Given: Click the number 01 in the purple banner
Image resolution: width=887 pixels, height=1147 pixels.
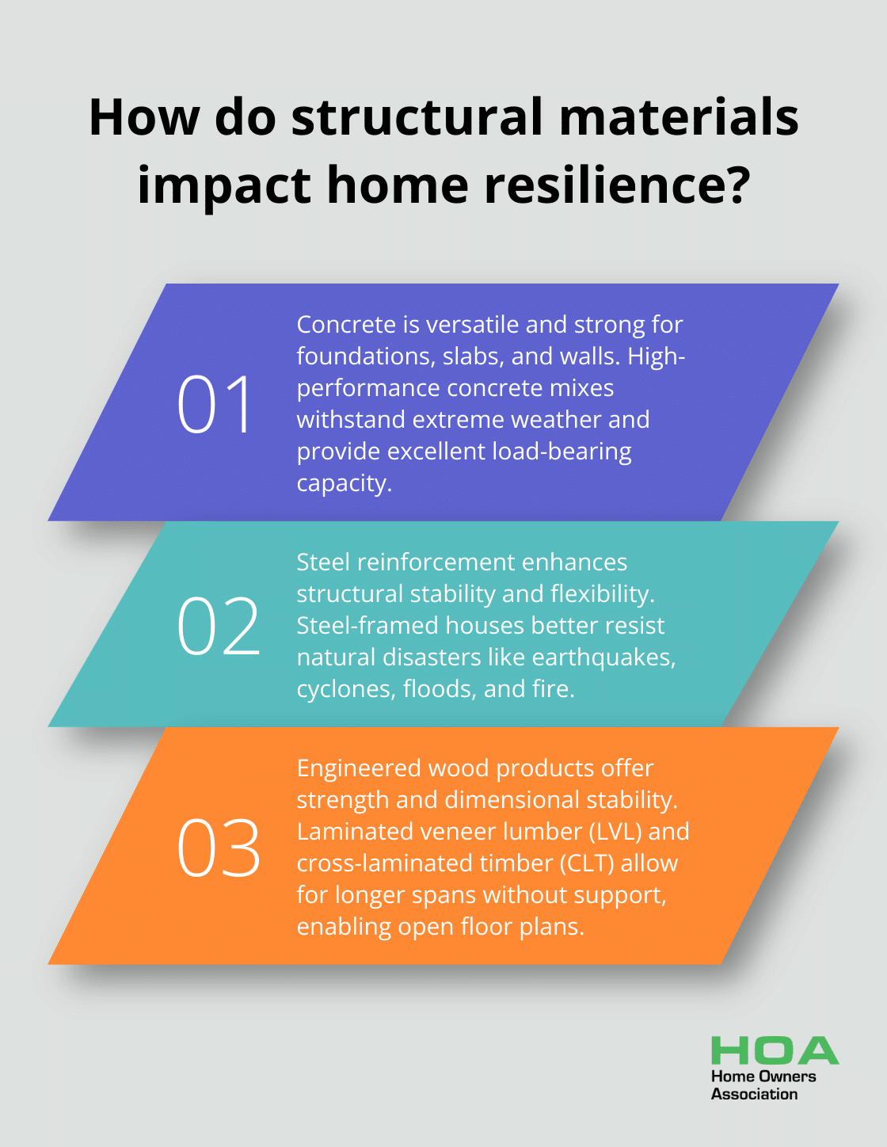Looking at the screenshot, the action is pos(214,404).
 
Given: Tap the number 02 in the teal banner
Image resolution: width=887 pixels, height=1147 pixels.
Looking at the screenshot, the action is pos(219,626).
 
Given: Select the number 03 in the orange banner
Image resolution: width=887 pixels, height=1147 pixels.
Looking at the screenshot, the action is pos(219,848).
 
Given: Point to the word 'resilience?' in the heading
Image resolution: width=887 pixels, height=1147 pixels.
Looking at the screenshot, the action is pos(617,185).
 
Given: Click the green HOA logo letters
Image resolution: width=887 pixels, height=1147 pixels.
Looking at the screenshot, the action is pos(775,1050).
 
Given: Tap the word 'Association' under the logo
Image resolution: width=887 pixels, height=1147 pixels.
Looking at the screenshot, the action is pos(754,1094).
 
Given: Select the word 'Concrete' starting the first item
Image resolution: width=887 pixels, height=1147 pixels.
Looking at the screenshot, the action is pos(347,324).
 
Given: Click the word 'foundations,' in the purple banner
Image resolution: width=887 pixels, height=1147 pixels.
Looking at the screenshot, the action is pos(366,356).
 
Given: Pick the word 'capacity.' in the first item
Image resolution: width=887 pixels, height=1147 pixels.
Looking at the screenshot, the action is pos(345,483).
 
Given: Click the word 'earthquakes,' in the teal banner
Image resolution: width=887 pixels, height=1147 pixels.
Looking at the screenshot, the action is pos(603,657).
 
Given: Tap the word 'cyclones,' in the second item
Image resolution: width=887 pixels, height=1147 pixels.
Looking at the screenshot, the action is pos(346,689).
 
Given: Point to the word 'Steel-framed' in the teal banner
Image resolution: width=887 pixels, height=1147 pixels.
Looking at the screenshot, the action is pos(367,626).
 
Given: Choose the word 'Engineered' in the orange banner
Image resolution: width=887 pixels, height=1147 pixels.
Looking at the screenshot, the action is pos(359,769).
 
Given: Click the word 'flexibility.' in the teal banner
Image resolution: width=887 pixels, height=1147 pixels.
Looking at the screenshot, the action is pos(603,594).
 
